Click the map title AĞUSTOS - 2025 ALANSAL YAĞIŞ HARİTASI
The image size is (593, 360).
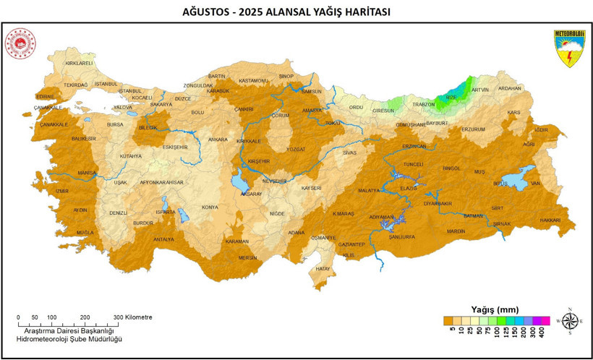pyautogui.click(x=296, y=12)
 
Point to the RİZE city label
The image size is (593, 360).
pyautogui.click(x=451, y=96)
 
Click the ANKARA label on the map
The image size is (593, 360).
pyautogui.click(x=218, y=139)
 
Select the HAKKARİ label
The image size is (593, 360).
pyautogui.click(x=550, y=220)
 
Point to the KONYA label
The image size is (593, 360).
pyautogui.click(x=210, y=207)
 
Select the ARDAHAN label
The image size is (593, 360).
pyautogui.click(x=509, y=88)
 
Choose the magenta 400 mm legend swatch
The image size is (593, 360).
pyautogui.click(x=545, y=320)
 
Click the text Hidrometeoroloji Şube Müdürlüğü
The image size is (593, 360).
pyautogui.click(x=69, y=339)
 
